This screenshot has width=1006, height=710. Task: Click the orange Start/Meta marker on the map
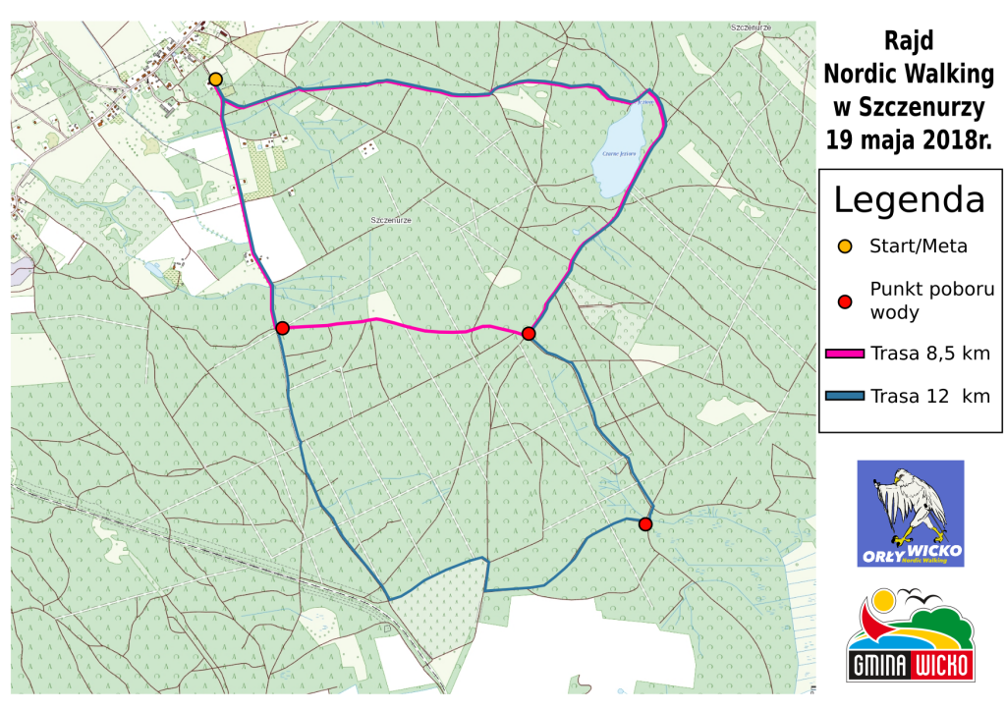(215, 79)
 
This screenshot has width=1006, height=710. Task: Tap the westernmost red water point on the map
(282, 328)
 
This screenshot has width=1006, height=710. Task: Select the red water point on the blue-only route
(645, 524)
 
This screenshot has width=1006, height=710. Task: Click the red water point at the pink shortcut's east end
(529, 334)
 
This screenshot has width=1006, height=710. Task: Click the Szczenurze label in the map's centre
(391, 220)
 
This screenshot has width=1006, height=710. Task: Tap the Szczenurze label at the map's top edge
(753, 27)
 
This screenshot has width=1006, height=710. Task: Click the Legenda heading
(909, 199)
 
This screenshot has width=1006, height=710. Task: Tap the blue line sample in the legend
(844, 396)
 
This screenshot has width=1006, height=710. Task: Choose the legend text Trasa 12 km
(929, 396)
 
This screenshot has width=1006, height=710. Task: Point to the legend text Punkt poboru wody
(920, 300)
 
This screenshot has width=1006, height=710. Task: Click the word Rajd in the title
(909, 41)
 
